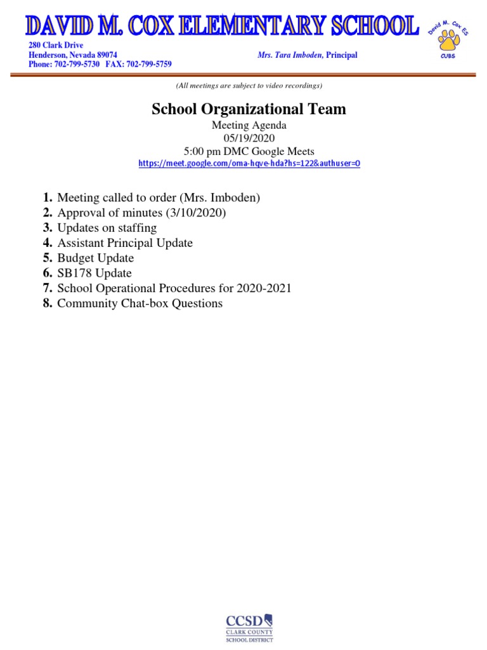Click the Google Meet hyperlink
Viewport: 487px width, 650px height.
249,164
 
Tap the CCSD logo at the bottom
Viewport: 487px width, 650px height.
249,628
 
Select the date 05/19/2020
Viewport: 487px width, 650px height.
249,138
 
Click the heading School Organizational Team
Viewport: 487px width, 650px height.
249,109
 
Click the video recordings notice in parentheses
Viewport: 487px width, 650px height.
249,86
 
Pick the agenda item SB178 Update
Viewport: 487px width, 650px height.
94,274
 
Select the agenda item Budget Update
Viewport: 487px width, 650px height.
95,258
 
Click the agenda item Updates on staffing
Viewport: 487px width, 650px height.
107,228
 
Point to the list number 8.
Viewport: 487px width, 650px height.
48,303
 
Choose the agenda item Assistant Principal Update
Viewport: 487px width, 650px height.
125,243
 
